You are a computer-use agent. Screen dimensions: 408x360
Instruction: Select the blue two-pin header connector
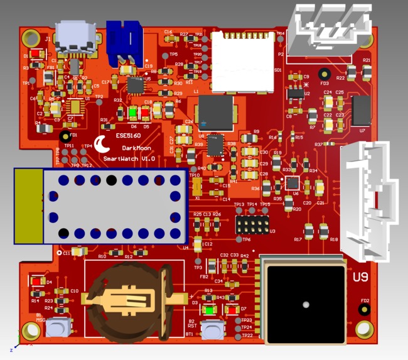pos(123,41)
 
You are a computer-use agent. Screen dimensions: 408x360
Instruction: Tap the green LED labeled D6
pos(133,113)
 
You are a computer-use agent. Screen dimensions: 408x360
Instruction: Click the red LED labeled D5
pos(145,113)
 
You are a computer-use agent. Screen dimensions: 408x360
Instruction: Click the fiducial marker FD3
pos(324,74)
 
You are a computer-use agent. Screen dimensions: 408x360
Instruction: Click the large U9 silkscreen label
pos(361,277)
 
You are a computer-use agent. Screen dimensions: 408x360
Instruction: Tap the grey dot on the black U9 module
pos(305,305)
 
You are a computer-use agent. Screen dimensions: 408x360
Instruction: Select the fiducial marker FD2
pos(363,309)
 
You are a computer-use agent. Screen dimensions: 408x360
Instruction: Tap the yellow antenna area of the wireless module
pos(28,205)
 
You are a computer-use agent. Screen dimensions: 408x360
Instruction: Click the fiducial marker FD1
pos(64,136)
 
